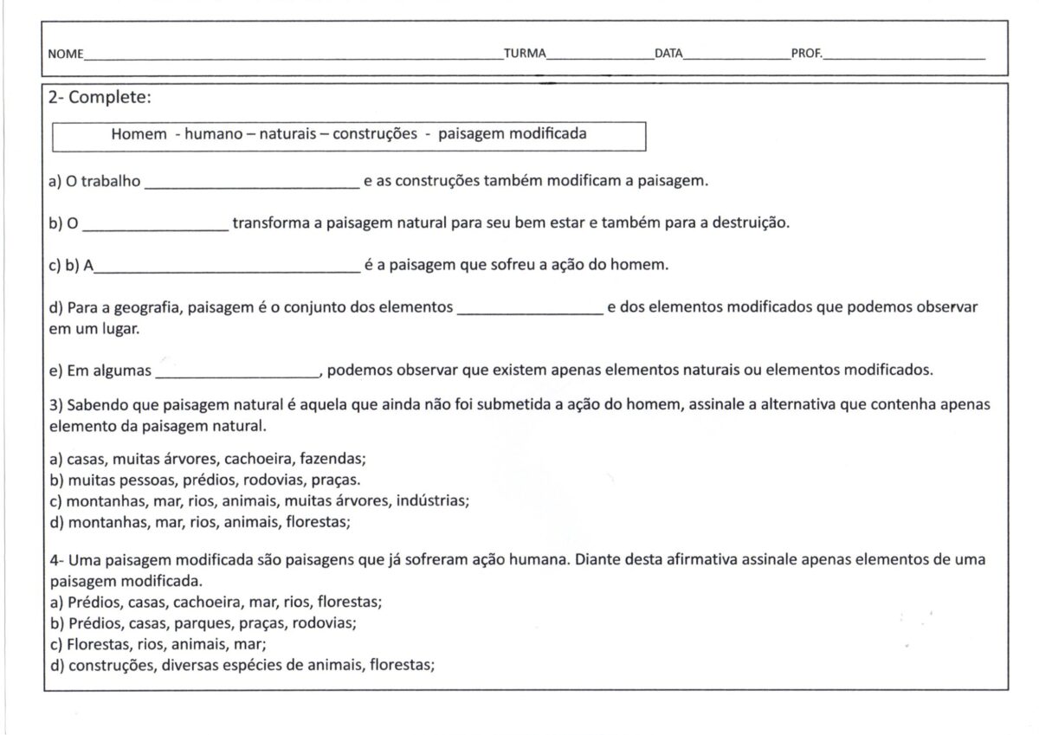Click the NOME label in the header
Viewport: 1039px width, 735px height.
(x=65, y=54)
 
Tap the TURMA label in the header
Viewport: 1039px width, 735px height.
(x=525, y=54)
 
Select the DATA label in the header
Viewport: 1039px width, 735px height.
(x=668, y=54)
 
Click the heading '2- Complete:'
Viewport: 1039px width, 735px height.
(x=100, y=98)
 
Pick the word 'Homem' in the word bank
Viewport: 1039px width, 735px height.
(x=138, y=134)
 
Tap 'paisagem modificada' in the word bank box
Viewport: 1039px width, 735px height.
(x=512, y=134)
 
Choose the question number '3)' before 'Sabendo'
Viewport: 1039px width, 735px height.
(x=55, y=404)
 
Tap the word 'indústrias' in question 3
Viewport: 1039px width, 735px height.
(x=434, y=500)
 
